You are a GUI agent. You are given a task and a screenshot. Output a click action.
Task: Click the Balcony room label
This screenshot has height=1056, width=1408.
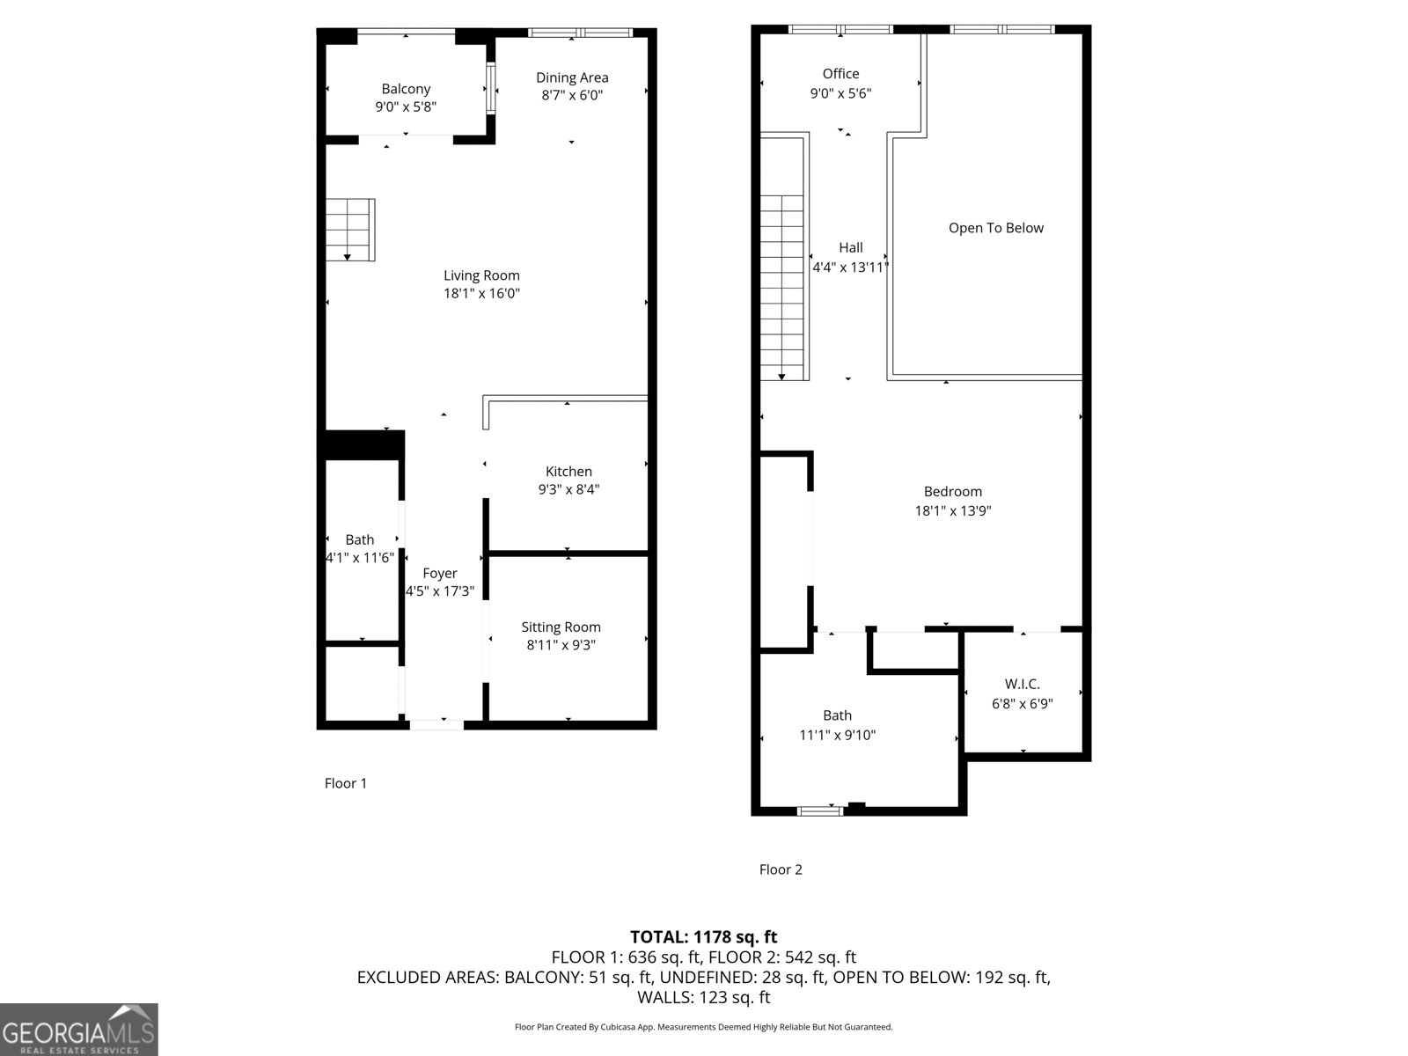[x=406, y=89]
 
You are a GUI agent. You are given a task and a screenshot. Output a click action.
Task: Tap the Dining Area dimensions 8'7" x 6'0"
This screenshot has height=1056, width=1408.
[x=572, y=96]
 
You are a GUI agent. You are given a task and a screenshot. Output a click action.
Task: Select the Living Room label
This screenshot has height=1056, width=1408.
[x=481, y=275]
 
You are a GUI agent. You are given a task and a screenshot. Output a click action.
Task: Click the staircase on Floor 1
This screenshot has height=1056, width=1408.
[x=350, y=230]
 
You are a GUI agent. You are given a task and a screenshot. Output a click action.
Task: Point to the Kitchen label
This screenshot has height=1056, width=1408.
[x=568, y=472]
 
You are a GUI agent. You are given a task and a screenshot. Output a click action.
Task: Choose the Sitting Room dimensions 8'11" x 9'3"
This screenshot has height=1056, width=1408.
[x=561, y=645]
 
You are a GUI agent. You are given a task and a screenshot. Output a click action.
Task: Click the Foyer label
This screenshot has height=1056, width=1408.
[x=439, y=574]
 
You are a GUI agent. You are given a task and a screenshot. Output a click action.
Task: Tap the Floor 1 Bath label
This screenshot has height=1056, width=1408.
[x=359, y=540]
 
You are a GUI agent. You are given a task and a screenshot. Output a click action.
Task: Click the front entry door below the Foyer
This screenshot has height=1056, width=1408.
[x=436, y=725]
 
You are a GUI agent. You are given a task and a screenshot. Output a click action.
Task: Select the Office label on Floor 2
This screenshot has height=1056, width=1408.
[x=840, y=74]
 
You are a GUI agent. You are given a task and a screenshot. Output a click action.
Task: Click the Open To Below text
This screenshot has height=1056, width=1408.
[x=995, y=228]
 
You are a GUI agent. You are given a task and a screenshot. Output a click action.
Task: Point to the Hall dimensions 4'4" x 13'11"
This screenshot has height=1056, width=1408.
[x=850, y=268]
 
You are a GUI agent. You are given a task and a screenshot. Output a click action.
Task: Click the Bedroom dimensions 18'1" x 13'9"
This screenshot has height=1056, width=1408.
[x=953, y=510]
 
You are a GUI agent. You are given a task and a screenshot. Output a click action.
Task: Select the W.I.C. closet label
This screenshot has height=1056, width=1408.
[x=1022, y=685]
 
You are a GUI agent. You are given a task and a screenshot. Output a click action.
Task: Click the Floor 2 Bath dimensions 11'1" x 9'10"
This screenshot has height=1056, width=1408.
[x=837, y=735]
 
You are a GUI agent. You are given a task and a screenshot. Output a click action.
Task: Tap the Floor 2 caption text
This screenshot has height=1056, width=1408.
[x=781, y=869]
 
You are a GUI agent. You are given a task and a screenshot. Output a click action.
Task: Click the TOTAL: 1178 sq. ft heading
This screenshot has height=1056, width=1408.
[x=703, y=937]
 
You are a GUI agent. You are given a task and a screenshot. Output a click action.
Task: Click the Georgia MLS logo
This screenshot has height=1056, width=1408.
[x=78, y=1030]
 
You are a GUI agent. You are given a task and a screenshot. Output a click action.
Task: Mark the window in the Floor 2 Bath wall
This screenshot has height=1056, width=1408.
[x=820, y=810]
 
